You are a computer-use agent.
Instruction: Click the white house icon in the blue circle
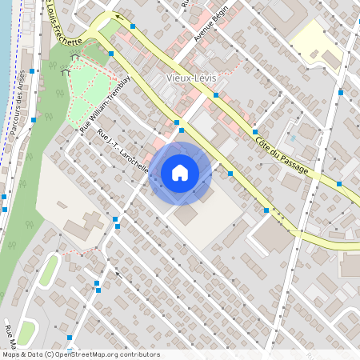click(180, 173)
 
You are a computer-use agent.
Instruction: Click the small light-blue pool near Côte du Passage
click(293, 138)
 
